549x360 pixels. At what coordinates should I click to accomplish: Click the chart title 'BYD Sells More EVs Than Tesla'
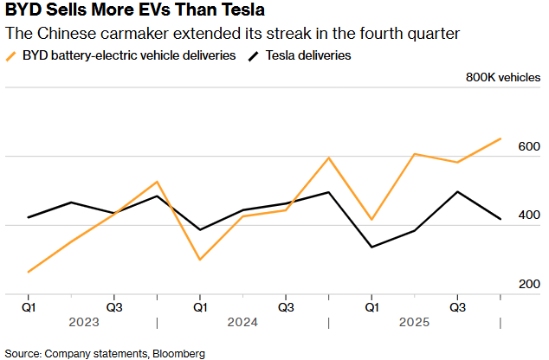pos(135,12)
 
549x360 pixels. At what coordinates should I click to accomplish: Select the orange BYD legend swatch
pos(12,56)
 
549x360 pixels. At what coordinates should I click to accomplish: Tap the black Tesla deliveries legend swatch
pos(254,56)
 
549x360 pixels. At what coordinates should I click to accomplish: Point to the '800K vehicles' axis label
pos(502,77)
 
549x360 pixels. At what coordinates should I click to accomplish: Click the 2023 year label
pos(71,322)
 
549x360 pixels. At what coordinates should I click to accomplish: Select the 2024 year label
pos(242,322)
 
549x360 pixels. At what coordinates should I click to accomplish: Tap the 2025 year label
pos(415,322)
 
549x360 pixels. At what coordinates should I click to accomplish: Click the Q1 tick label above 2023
pos(29,306)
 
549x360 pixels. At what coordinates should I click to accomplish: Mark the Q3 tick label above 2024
pos(286,306)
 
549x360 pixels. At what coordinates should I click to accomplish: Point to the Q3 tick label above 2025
pos(458,306)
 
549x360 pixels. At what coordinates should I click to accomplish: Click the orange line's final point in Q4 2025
pos(501,138)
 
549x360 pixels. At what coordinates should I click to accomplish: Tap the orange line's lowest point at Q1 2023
pos(29,273)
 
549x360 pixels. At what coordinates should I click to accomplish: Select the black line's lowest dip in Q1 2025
pos(372,247)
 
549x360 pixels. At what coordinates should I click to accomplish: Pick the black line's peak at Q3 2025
pos(458,192)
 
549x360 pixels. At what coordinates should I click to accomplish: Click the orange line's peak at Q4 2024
pos(329,157)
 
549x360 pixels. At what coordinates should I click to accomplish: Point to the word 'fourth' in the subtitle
pos(350,35)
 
